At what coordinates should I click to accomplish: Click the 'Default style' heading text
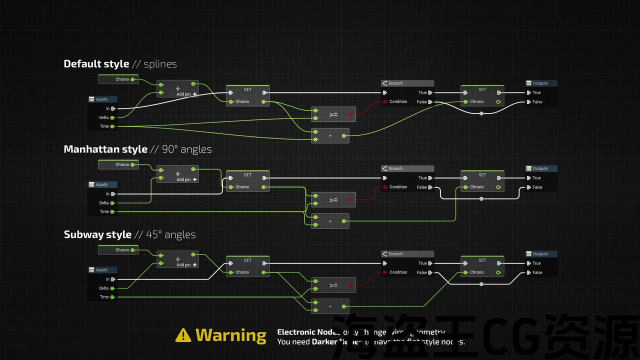(96, 64)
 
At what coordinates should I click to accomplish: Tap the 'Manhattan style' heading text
(105, 149)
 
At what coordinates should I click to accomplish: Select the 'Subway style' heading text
(97, 235)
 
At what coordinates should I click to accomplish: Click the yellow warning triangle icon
(183, 335)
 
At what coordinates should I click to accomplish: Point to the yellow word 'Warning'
(231, 335)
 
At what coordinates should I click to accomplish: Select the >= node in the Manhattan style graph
(333, 200)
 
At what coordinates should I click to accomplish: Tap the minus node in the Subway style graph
(330, 306)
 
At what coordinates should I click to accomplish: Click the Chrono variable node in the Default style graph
(118, 79)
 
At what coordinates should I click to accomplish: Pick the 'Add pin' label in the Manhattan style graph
(183, 179)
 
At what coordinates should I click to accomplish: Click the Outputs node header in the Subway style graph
(540, 254)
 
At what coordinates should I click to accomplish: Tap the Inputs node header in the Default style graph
(102, 99)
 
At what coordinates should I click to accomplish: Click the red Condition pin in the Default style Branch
(384, 102)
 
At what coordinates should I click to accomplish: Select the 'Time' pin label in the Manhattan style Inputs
(104, 211)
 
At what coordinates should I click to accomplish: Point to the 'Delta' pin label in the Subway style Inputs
(103, 288)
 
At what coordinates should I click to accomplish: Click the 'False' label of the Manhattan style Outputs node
(537, 187)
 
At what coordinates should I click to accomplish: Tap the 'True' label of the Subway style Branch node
(422, 263)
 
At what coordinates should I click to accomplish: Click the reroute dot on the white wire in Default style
(481, 113)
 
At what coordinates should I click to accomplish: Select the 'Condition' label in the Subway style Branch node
(398, 272)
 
